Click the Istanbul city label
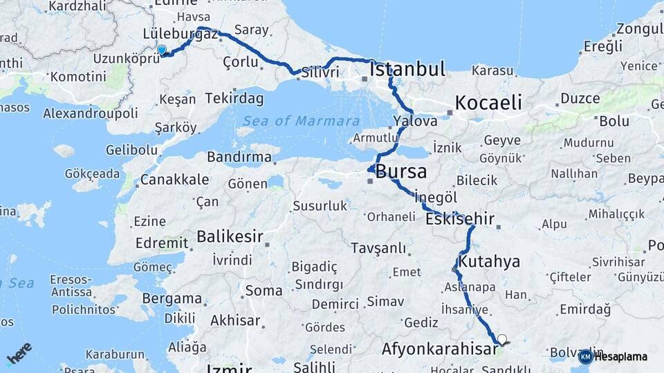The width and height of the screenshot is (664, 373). point(407,69)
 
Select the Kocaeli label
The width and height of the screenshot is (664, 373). point(488,103)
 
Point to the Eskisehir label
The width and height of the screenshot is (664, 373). point(460,220)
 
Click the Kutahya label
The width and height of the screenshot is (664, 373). point(489,262)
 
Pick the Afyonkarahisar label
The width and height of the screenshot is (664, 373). point(439,349)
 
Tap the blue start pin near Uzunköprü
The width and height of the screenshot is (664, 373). point(162,50)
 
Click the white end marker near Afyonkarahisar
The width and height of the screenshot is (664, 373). point(502,339)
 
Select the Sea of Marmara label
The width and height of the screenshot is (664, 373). point(299,121)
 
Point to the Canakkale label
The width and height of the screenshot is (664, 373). point(174,180)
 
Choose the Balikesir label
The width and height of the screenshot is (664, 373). point(230,237)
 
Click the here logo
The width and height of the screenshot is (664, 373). point(19,353)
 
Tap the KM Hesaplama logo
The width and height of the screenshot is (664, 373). point(613,356)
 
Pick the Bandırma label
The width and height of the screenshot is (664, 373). point(239,157)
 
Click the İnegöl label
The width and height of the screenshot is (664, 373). point(435,198)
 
